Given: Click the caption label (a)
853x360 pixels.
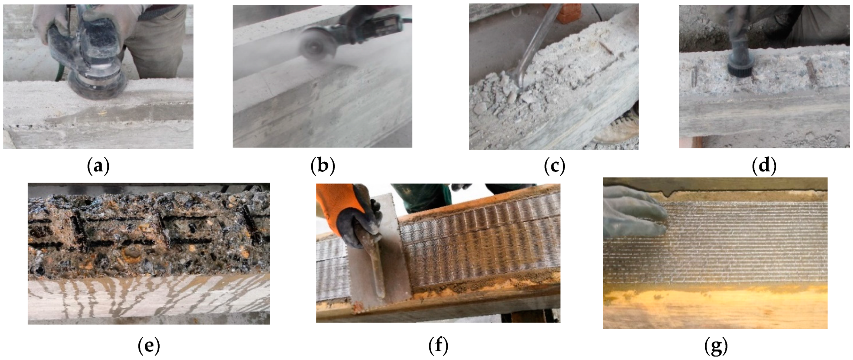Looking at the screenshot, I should pos(98,166).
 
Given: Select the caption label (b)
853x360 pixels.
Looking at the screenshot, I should pos(322,166).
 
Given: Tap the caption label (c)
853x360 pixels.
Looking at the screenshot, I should pos(554,166).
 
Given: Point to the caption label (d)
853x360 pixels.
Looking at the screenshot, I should pos(764,166).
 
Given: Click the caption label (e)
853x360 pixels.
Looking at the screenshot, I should pos(149,346).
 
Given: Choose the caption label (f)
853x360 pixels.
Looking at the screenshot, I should pos(438,346).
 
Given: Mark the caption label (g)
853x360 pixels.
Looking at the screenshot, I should pos(716,346).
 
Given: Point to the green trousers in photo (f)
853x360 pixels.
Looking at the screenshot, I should pos(424,199).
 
